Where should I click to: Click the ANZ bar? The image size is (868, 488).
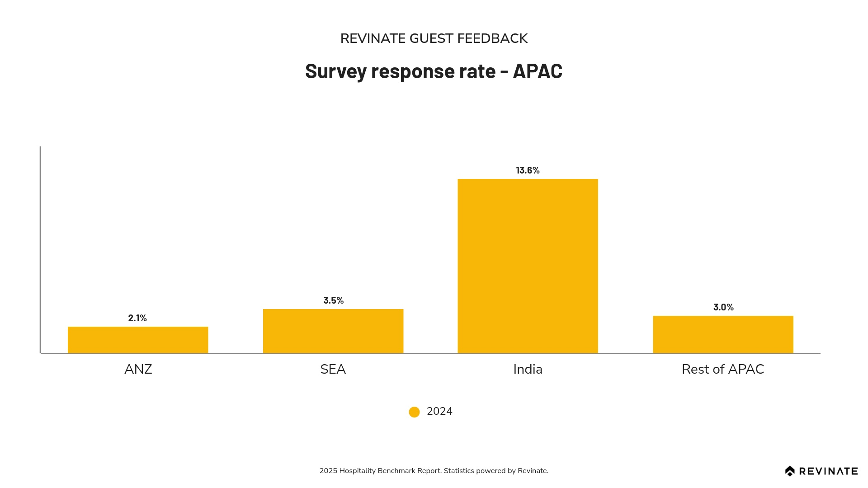[138, 340]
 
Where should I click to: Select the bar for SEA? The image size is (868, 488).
[333, 331]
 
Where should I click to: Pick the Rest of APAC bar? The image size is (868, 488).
[723, 334]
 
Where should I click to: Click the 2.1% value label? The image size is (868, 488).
[137, 318]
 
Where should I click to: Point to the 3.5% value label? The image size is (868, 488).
[333, 300]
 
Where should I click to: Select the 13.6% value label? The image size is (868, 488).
[528, 170]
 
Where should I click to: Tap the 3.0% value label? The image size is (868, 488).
[723, 307]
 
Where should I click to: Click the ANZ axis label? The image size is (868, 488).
[138, 370]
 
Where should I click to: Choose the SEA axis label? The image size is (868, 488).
[333, 370]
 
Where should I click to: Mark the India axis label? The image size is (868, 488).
[528, 370]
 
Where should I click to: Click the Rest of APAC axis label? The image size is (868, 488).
[722, 370]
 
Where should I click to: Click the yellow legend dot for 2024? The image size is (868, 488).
[414, 412]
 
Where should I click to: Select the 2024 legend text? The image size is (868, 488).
[439, 412]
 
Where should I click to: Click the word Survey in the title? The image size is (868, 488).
[335, 71]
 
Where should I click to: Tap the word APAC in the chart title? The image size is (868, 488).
[537, 71]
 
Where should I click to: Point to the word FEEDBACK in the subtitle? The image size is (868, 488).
[492, 39]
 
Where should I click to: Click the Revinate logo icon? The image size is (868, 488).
[790, 471]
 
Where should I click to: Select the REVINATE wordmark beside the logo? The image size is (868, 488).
[828, 471]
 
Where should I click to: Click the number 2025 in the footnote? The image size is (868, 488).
[328, 471]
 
